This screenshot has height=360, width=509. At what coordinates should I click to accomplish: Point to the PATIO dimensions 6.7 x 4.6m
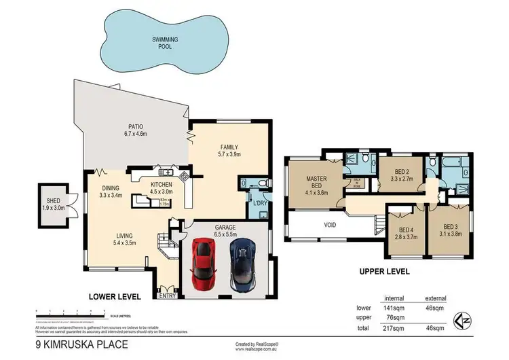point(136,134)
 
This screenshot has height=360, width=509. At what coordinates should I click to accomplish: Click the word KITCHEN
point(162,184)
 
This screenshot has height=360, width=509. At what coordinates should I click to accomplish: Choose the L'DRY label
point(259,203)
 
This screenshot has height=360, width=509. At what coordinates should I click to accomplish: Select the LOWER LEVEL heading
point(115,297)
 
